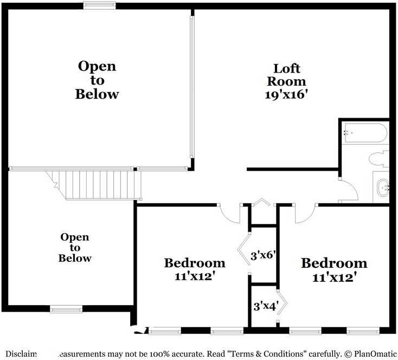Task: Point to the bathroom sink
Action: click(x=383, y=187)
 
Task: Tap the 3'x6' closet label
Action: click(x=264, y=255)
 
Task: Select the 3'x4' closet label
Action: click(x=265, y=305)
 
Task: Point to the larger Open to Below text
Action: click(x=97, y=80)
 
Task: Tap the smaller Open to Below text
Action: click(x=75, y=248)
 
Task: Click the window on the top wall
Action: click(x=99, y=5)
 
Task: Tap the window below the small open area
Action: click(x=66, y=309)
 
